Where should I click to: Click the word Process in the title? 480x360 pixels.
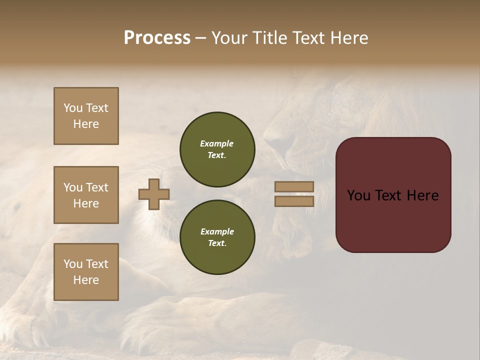point(157,38)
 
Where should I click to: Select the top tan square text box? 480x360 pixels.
point(86,116)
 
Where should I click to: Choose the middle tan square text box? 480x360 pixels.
point(86,195)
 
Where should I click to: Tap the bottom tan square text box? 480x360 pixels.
point(86,272)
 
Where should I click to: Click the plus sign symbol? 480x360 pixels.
point(154,194)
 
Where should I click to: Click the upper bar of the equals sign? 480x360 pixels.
point(294,186)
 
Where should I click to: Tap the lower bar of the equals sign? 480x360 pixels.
point(294,201)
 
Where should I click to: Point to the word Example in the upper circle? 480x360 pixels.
point(216,143)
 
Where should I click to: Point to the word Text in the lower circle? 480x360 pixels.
point(216,243)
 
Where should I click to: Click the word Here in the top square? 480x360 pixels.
point(86,124)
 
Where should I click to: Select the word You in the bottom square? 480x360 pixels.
point(72,264)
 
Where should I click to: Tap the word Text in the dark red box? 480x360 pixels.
point(391,195)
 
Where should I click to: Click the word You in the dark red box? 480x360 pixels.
point(358,195)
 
